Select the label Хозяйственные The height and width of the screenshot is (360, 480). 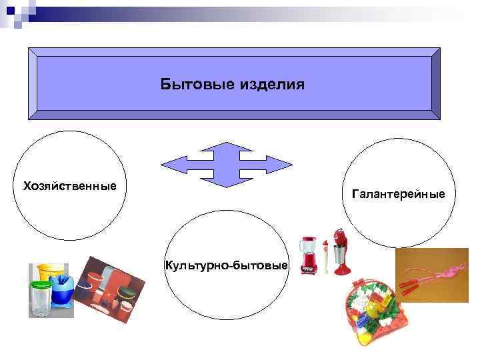pos(69,185)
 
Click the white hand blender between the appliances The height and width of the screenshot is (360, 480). pos(325,257)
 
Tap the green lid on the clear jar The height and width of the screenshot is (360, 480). pos(41,285)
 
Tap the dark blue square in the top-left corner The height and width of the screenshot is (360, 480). pos(9,9)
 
